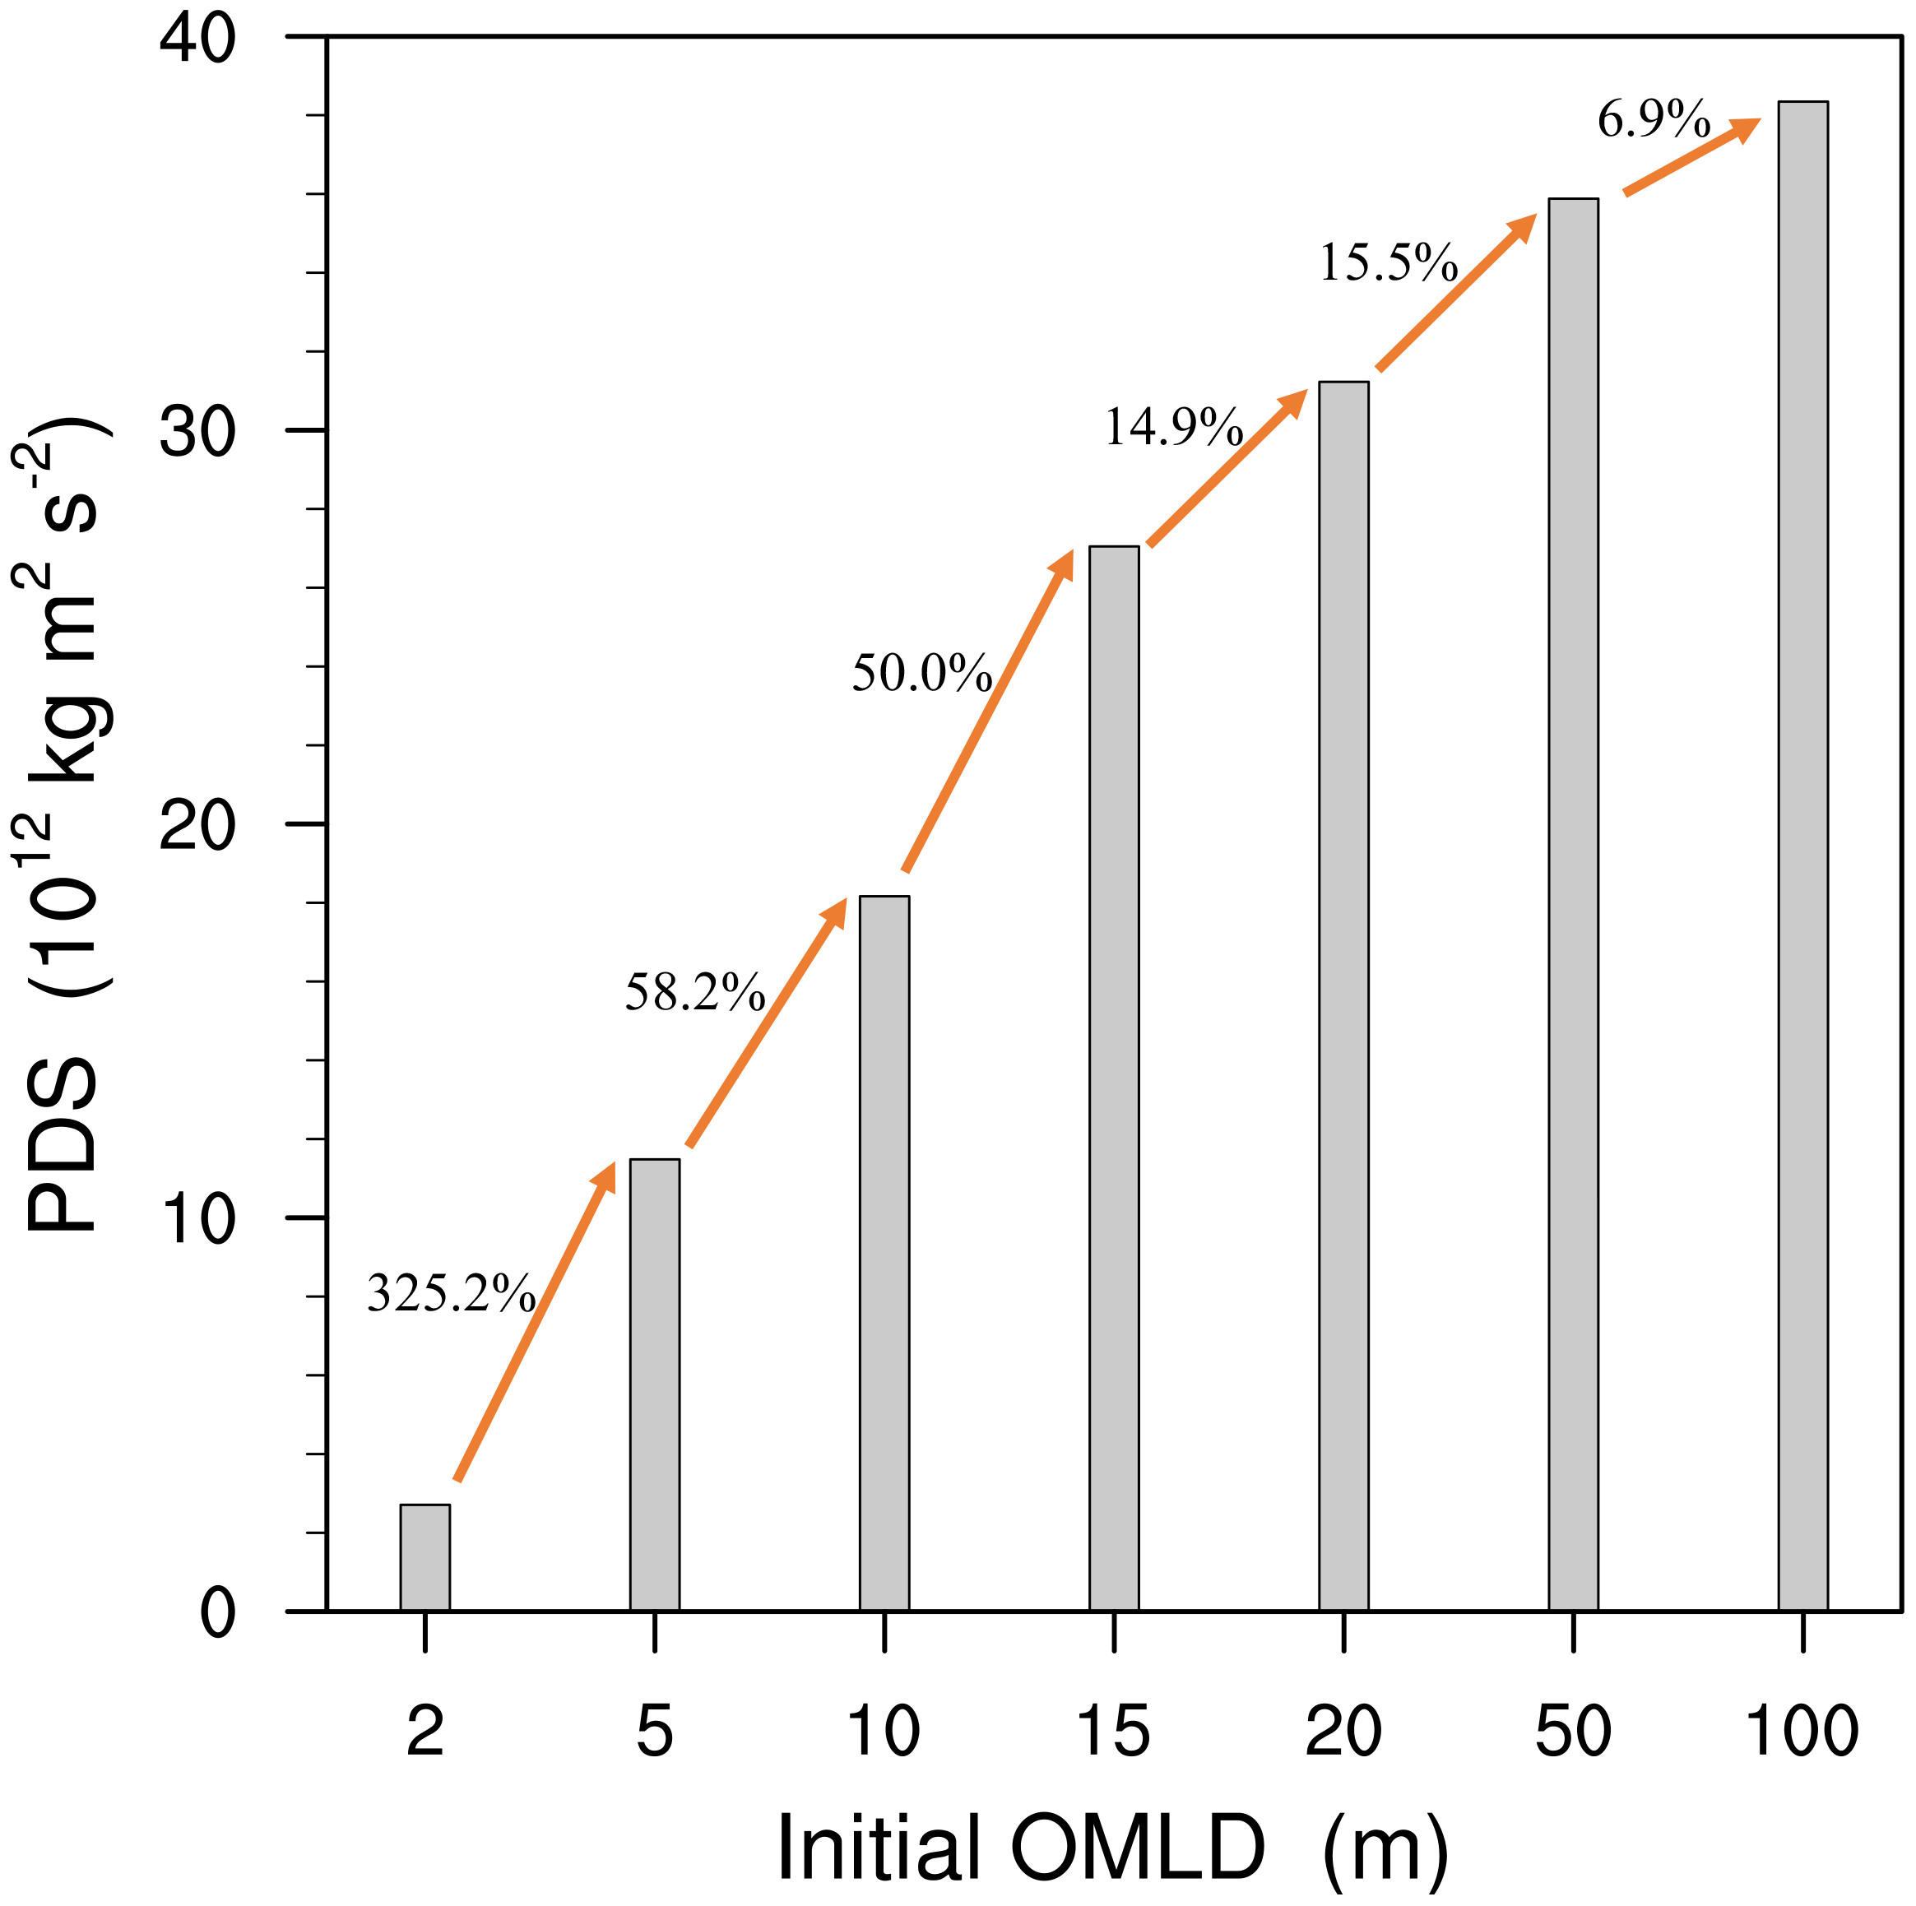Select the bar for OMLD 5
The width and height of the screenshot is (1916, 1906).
point(655,1384)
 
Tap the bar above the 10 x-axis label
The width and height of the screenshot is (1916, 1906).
point(884,1251)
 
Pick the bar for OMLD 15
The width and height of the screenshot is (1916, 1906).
point(1114,1077)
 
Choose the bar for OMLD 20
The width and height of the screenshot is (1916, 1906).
point(1343,995)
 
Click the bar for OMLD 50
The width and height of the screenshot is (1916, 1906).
point(1573,903)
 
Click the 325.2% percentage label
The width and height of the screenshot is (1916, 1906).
point(451,1293)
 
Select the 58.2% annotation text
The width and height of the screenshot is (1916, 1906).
point(694,992)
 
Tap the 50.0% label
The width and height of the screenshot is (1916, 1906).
point(921,672)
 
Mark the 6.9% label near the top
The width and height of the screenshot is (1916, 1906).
point(1654,119)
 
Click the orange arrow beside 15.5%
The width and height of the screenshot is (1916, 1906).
point(1456,291)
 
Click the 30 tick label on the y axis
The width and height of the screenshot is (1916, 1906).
point(197,430)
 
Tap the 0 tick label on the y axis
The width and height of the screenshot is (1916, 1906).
point(217,1613)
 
